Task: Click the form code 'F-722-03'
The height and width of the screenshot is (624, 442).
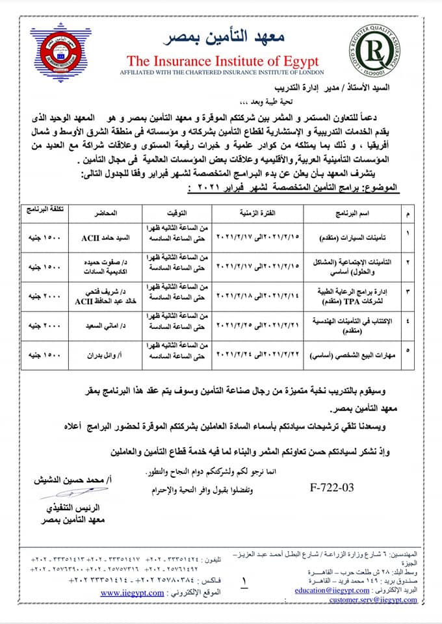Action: (x=331, y=487)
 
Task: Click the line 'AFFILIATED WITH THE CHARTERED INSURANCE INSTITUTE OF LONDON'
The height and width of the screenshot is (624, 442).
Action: (x=223, y=72)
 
